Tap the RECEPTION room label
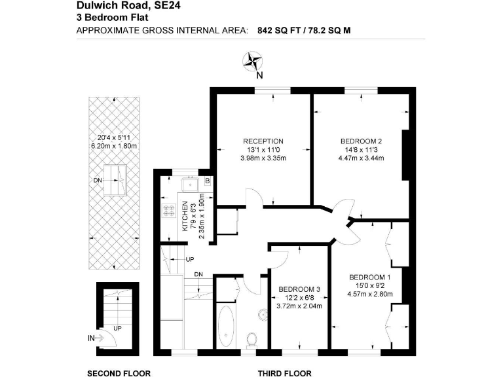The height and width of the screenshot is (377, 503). coord(263,141)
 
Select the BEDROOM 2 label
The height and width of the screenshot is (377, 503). coord(361,141)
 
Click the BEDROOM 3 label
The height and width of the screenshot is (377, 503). coord(300,289)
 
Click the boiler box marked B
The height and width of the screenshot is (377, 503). coord(207,181)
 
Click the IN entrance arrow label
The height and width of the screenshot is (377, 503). coord(90,338)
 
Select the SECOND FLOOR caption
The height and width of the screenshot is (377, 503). coord(119,374)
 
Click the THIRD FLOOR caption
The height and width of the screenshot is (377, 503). coord(284,374)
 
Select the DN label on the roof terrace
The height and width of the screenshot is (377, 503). coord(98,179)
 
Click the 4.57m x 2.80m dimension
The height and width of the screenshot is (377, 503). coord(371,294)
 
